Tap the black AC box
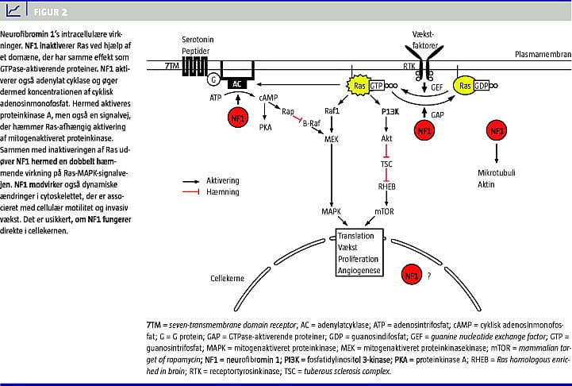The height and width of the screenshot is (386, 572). tap(237, 83)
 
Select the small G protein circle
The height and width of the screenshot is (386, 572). tap(213, 79)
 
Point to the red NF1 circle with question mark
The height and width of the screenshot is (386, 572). tap(413, 275)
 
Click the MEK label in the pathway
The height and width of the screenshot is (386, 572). tap(332, 139)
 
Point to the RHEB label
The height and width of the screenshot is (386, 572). tap(386, 187)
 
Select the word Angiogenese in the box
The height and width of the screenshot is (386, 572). tap(359, 270)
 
